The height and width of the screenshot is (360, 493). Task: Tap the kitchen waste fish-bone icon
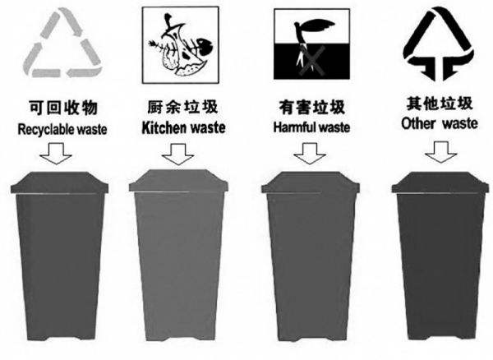[x=180, y=45]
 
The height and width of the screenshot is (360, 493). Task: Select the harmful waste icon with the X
[x=311, y=44]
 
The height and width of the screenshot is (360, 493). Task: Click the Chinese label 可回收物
[x=63, y=108]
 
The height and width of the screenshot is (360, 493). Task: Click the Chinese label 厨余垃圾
[x=182, y=107]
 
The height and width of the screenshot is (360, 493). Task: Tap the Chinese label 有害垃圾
[x=312, y=107]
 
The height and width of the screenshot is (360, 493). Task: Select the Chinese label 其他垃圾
[x=440, y=104]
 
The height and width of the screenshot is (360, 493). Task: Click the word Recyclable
[x=46, y=130]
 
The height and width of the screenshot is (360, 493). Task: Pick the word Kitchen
[x=164, y=127]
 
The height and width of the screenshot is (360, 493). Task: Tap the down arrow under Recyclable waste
[x=56, y=154]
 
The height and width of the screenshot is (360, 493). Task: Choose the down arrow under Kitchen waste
[x=178, y=155]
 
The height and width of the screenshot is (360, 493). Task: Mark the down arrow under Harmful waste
[x=310, y=154]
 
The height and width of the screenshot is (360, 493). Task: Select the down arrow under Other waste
[x=440, y=152]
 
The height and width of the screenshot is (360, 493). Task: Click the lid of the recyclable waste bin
[x=59, y=182]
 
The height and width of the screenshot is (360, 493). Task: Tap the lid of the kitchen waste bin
[x=178, y=181]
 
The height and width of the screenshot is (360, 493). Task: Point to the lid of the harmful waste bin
[x=311, y=182]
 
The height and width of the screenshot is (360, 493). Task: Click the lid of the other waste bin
[x=440, y=182]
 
